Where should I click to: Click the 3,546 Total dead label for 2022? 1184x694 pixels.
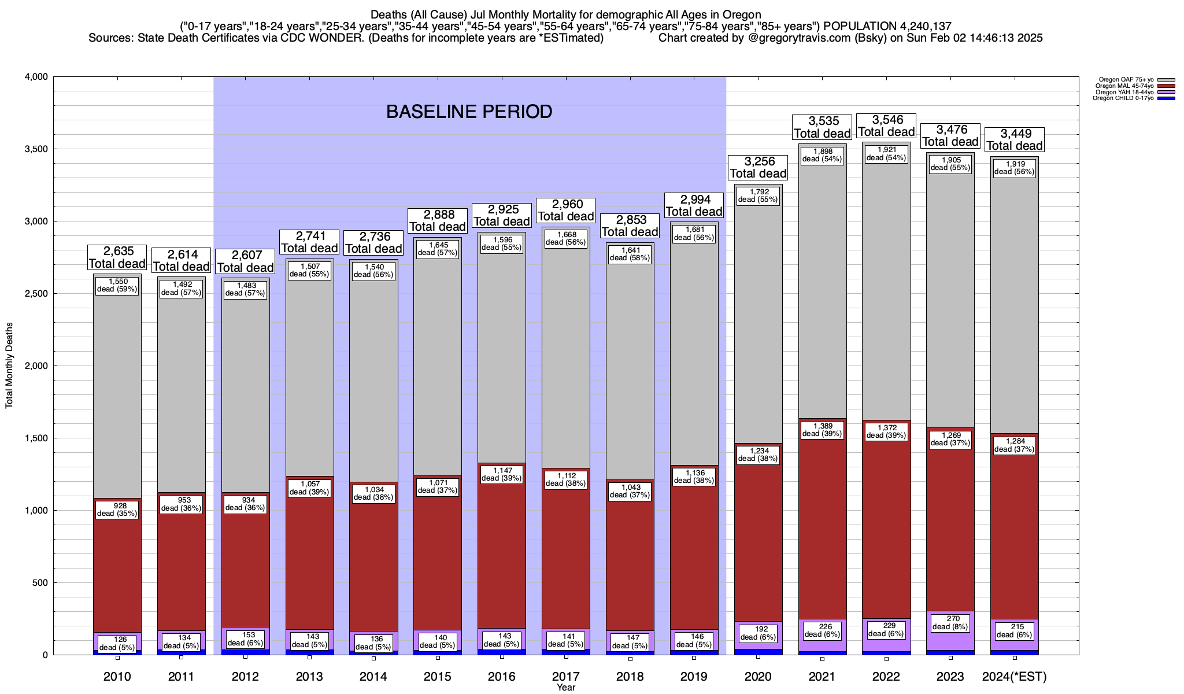click(886, 126)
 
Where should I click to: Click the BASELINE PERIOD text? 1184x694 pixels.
click(469, 112)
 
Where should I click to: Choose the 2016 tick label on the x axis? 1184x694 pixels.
click(502, 677)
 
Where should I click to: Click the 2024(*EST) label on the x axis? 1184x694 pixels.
click(1015, 677)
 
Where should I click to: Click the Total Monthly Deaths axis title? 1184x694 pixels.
click(9, 366)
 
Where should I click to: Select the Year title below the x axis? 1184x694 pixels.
click(566, 687)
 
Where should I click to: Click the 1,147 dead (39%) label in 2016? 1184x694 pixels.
click(502, 474)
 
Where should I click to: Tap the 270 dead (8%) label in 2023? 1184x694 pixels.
click(950, 623)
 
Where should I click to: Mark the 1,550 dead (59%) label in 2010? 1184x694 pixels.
click(117, 285)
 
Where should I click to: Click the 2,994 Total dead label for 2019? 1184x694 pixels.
click(694, 205)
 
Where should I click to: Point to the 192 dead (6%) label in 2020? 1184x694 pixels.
click(758, 633)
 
